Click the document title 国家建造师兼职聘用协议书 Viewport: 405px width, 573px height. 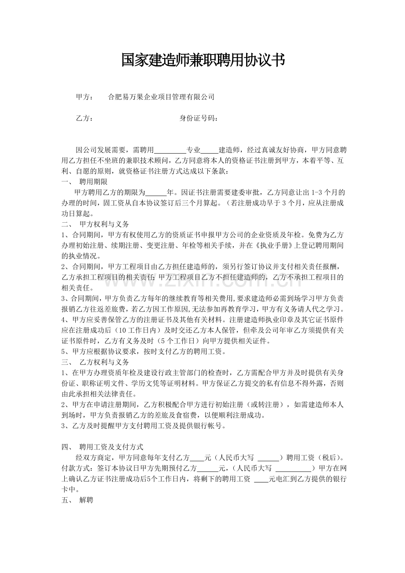203,60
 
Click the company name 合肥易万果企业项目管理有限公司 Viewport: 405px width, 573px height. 161,97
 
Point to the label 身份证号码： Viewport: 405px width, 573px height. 199,118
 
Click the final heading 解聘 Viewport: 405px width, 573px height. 86,500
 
